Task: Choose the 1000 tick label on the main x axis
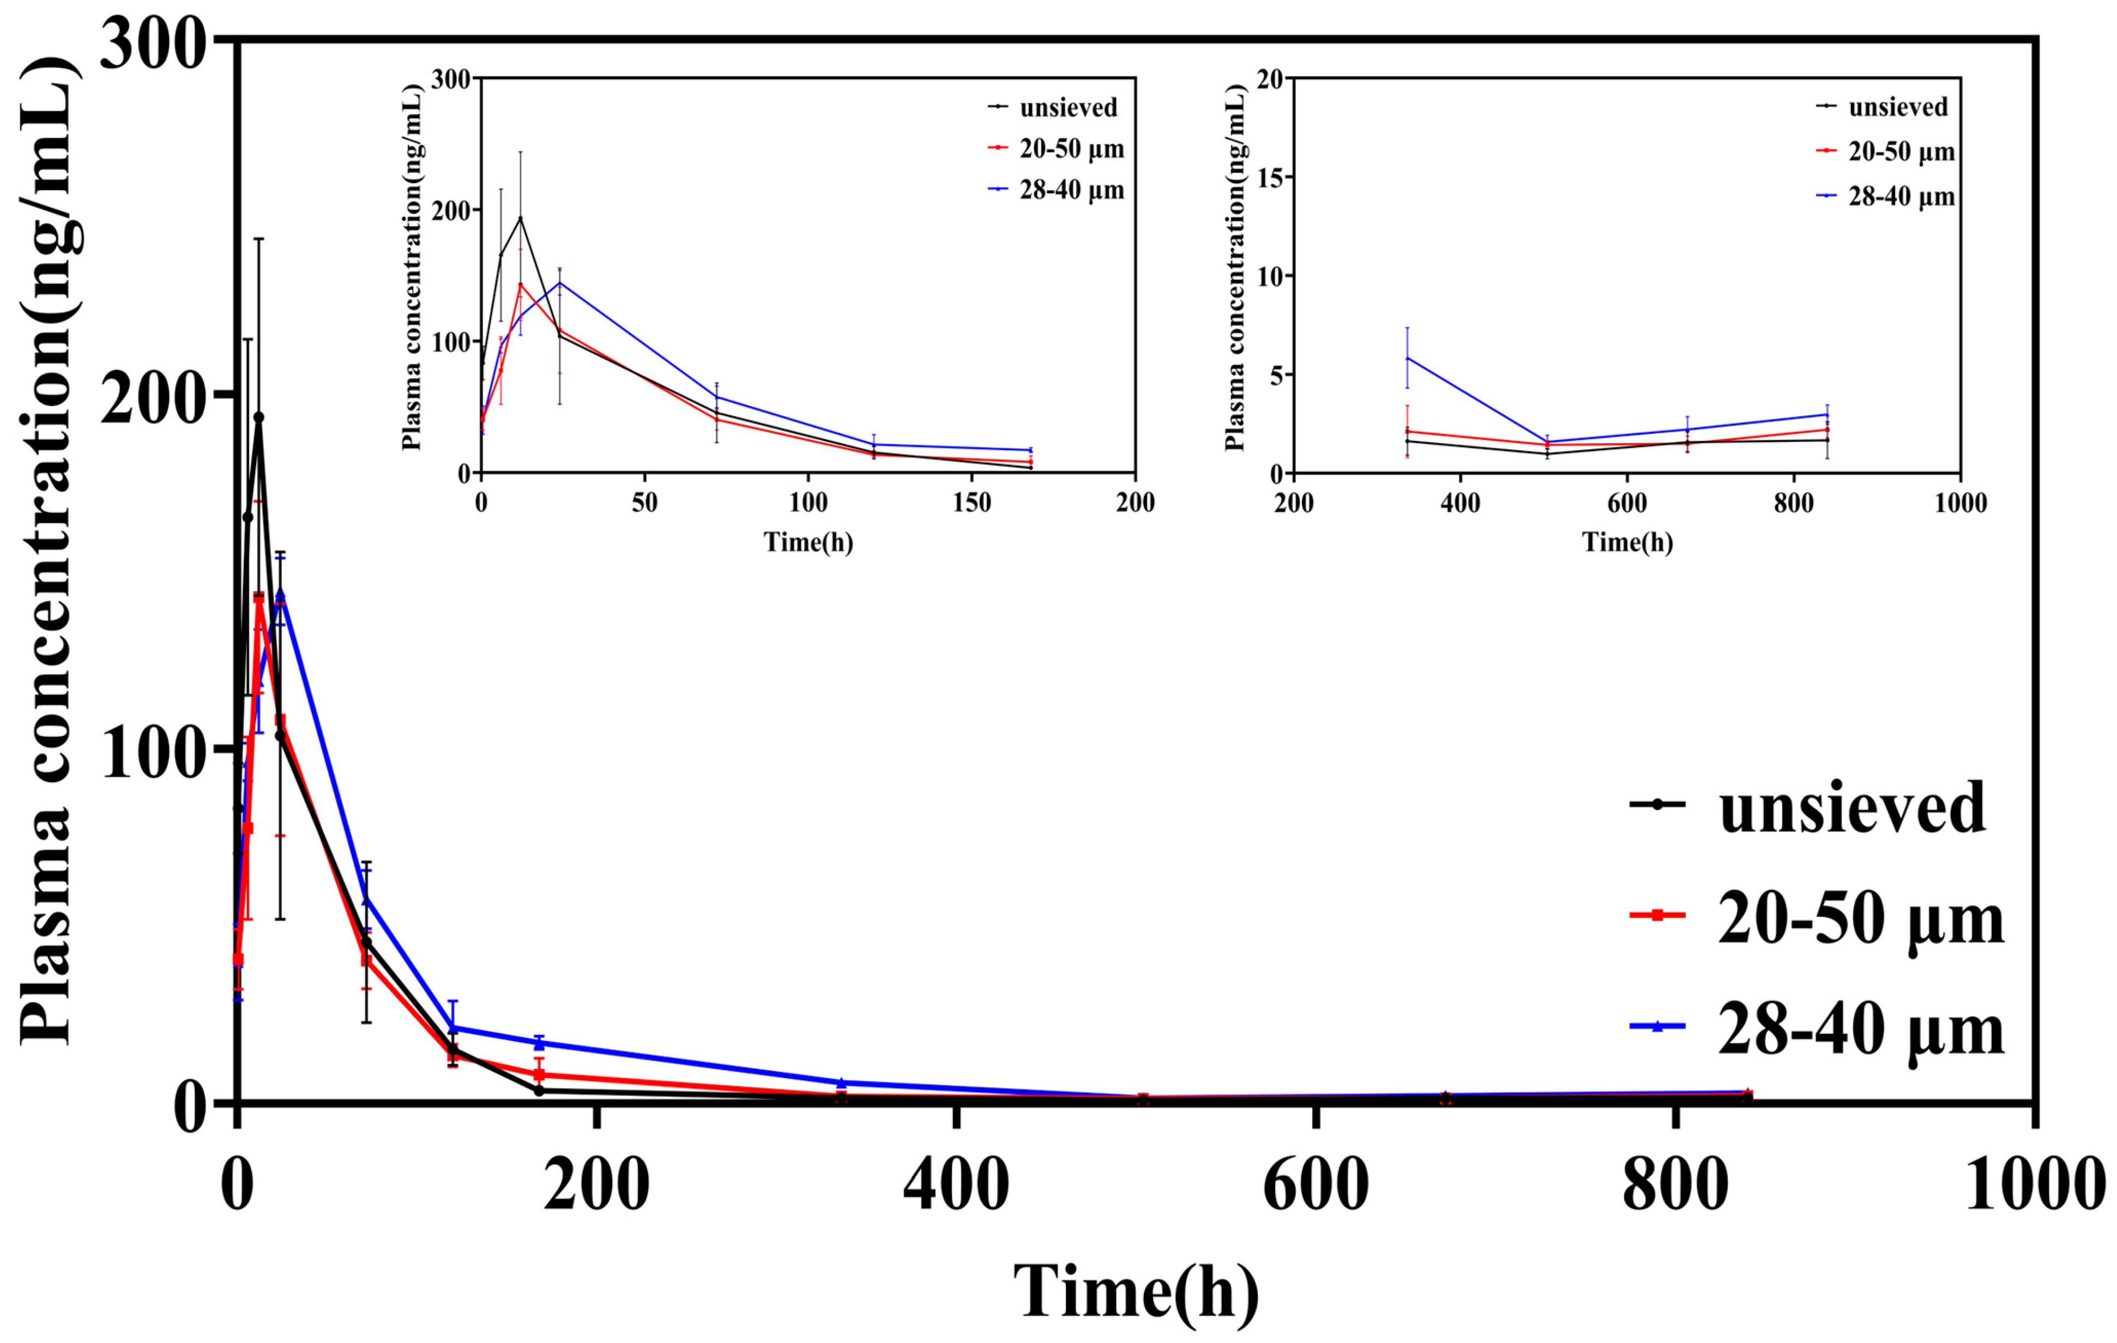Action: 2032,1187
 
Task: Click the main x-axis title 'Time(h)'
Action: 1136,1291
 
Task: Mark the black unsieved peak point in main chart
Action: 258,418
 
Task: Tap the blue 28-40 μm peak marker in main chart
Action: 280,595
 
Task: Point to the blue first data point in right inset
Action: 1408,358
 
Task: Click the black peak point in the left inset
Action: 521,218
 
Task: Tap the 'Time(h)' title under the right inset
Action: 1627,542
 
